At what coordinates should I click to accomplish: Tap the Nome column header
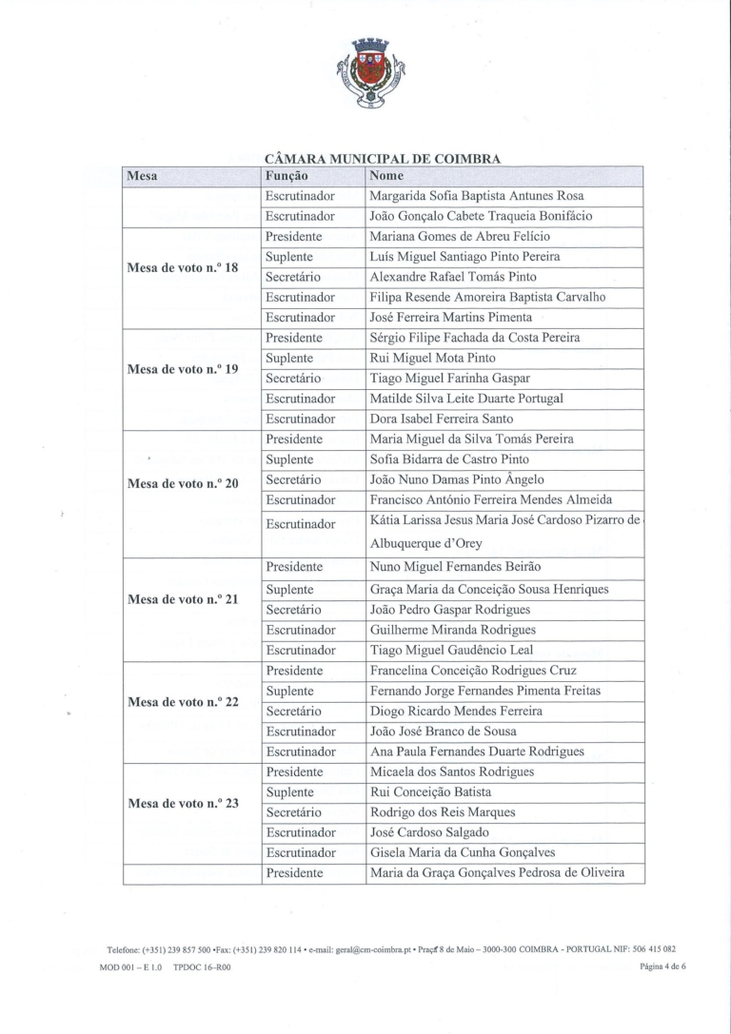point(386,176)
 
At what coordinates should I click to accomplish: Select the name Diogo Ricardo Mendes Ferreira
point(456,711)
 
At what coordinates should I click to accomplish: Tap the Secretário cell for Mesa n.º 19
point(293,379)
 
